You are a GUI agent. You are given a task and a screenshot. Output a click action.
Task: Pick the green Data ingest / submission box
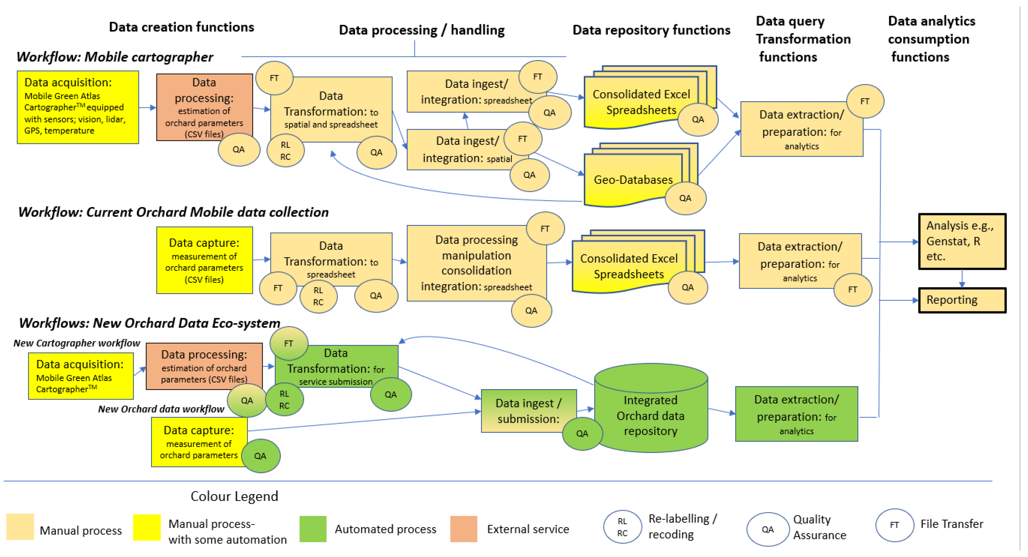coord(528,411)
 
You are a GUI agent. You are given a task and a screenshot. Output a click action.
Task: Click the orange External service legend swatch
coord(463,529)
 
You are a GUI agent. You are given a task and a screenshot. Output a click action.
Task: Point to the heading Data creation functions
coord(181,27)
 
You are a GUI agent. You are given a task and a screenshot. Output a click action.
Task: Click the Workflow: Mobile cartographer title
coord(115,57)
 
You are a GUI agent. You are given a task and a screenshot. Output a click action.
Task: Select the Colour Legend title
coord(234,496)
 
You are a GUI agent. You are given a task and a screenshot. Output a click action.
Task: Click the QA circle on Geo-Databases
coord(685,198)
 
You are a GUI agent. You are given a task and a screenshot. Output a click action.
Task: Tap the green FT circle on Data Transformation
coord(288,343)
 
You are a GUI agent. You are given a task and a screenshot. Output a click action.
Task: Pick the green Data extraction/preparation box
coord(796,414)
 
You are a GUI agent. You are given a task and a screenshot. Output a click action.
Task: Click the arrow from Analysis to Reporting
coord(962,278)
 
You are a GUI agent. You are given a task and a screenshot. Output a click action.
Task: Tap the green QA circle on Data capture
coord(260,456)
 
